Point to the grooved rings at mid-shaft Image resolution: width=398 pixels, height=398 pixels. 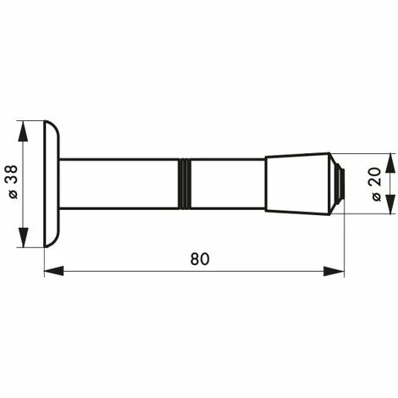184,184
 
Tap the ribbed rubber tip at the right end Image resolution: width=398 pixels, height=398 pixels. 338,184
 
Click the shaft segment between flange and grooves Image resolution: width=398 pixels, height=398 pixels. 119,184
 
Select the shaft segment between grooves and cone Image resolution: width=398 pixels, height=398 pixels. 227,184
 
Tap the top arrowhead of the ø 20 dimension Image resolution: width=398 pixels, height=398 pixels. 390,158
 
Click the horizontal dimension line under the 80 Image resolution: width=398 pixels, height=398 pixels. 127,272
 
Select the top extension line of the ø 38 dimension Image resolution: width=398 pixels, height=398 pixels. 34,121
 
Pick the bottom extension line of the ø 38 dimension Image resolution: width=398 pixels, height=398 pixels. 34,246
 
